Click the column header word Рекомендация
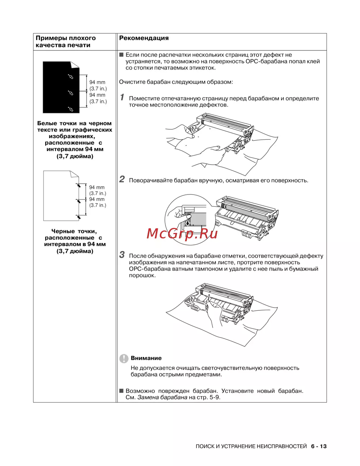[x=144, y=38]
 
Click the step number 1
[x=122, y=97]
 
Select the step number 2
[x=122, y=179]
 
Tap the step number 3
[x=122, y=255]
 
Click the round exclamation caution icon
[x=124, y=358]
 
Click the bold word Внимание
[x=146, y=358]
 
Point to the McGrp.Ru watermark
[x=182, y=234]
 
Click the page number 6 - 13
[x=319, y=446]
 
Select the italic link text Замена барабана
[x=162, y=397]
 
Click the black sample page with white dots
[x=61, y=88]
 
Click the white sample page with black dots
[x=60, y=196]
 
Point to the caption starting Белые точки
[x=75, y=140]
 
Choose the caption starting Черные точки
[x=75, y=241]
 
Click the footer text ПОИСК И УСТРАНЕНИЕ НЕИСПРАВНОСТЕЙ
[x=251, y=446]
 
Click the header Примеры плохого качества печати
[x=66, y=41]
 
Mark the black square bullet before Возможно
[x=121, y=391]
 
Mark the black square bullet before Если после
[x=121, y=55]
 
